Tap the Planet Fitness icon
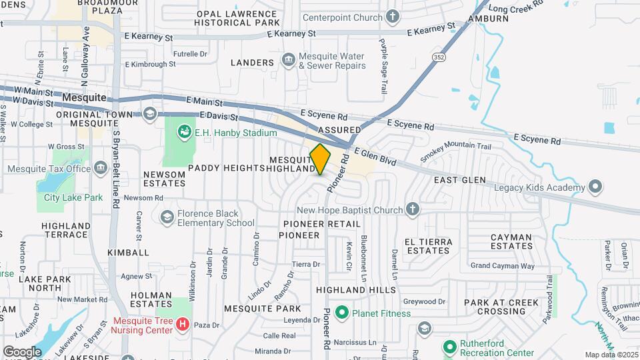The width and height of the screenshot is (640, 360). [343, 312]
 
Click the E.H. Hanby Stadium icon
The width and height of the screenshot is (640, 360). [183, 133]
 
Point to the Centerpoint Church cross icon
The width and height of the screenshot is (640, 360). [393, 17]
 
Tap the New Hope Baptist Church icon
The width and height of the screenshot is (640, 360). [413, 210]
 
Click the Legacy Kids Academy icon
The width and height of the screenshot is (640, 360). [595, 186]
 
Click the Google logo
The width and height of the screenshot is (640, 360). [22, 351]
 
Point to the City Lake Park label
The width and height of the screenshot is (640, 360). [73, 197]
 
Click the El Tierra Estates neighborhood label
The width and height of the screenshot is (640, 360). [428, 246]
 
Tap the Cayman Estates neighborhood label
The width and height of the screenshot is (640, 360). [511, 242]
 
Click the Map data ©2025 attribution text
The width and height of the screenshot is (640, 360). [611, 355]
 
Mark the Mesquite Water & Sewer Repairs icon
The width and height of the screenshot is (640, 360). [289, 61]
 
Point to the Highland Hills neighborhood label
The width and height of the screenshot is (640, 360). [356, 290]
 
